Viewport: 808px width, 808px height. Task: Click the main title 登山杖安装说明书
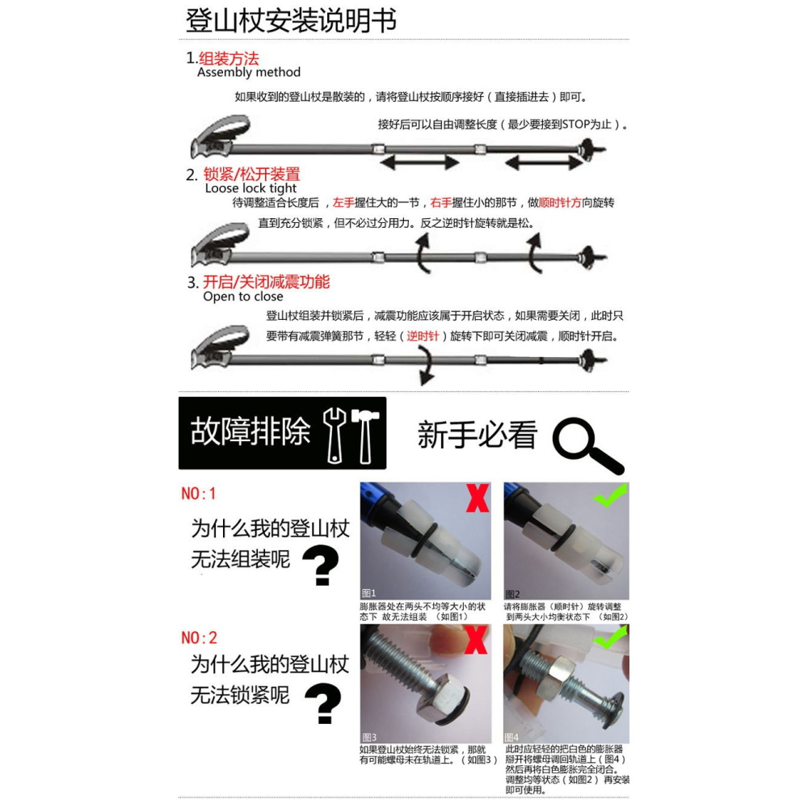pyautogui.click(x=291, y=21)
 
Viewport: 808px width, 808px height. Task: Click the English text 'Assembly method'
pyautogui.click(x=248, y=73)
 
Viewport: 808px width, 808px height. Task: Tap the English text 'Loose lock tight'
pyautogui.click(x=251, y=188)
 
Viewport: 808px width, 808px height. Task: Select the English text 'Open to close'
pyautogui.click(x=242, y=297)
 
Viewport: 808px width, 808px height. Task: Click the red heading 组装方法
pyautogui.click(x=229, y=58)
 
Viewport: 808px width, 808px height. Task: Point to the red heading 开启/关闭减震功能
pyautogui.click(x=266, y=282)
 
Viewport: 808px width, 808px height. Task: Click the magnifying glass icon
pyautogui.click(x=587, y=447)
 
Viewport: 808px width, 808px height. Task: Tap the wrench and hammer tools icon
pyautogui.click(x=351, y=435)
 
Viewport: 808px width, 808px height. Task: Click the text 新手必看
pyautogui.click(x=478, y=436)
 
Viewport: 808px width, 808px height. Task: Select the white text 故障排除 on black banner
pyautogui.click(x=250, y=432)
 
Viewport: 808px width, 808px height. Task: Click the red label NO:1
pyautogui.click(x=199, y=494)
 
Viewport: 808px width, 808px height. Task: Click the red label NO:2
pyautogui.click(x=199, y=638)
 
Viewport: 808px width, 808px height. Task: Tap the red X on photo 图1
pyautogui.click(x=478, y=499)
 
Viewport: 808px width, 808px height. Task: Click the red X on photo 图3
pyautogui.click(x=476, y=640)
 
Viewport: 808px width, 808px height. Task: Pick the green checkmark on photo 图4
pyautogui.click(x=611, y=638)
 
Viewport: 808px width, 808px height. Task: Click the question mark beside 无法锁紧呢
pyautogui.click(x=323, y=703)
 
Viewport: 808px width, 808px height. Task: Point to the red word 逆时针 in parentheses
pyautogui.click(x=423, y=336)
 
